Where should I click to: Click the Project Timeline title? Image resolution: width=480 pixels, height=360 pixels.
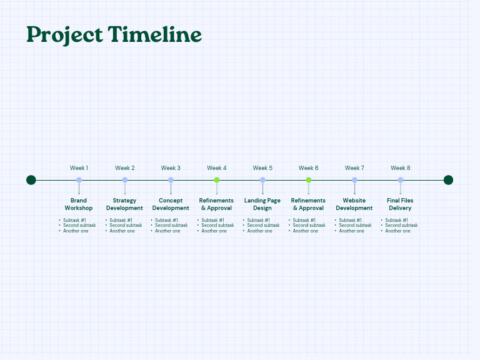(114, 34)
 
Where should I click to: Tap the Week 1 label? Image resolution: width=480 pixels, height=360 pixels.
(79, 168)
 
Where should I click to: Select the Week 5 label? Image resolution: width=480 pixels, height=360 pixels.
(262, 168)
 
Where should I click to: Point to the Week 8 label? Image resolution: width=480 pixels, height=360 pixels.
(401, 168)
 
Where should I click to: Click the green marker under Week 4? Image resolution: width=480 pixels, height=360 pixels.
(217, 180)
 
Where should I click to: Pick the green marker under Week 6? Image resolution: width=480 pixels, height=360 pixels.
(309, 180)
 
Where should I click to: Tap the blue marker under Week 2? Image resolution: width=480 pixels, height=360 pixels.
(125, 180)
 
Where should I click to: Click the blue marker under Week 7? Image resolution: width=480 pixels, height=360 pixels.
(354, 180)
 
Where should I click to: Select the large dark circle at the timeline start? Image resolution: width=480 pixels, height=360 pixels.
(31, 180)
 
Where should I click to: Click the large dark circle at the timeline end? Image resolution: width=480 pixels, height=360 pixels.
(448, 180)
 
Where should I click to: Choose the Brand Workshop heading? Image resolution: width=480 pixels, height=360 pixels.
(79, 204)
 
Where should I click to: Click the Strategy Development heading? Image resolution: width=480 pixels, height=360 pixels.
(124, 204)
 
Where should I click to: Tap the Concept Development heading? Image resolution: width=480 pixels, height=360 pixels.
(171, 204)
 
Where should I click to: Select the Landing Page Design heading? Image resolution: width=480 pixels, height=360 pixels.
(262, 204)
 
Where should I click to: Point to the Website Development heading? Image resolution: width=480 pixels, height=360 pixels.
(354, 204)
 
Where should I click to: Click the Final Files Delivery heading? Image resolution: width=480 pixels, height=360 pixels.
(400, 204)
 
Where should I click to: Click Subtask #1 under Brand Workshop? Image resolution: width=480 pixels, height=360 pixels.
(74, 220)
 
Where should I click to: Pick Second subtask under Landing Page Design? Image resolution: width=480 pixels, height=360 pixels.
(263, 226)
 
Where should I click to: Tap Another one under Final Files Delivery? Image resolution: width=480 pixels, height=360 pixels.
(397, 231)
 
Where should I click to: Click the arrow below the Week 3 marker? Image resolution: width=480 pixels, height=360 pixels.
(171, 189)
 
